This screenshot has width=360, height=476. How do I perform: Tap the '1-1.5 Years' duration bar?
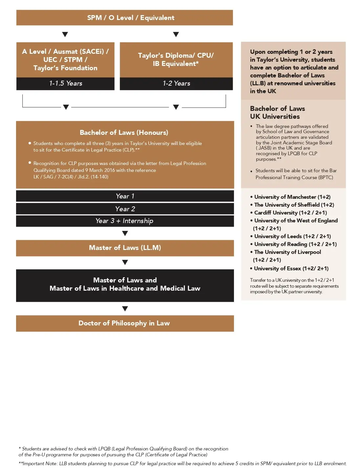click(x=65, y=83)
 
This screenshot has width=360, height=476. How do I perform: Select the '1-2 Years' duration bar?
click(x=176, y=83)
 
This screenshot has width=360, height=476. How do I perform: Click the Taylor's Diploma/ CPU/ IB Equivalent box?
click(x=176, y=60)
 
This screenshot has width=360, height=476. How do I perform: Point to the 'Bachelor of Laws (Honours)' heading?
click(x=124, y=133)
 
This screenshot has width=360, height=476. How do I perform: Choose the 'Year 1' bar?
click(x=125, y=196)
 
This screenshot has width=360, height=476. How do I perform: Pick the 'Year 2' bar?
click(x=125, y=209)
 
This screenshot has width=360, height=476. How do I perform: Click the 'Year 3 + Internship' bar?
click(x=125, y=221)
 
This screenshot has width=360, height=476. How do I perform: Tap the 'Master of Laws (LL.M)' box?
click(x=125, y=248)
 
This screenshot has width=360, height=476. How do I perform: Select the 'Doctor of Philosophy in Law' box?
click(x=125, y=323)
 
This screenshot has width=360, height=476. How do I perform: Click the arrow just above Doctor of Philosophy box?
click(x=125, y=309)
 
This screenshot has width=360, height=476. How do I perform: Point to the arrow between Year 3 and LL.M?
click(x=125, y=234)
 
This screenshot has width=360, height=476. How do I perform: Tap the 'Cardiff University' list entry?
click(x=290, y=213)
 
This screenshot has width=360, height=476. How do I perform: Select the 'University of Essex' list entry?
click(x=291, y=268)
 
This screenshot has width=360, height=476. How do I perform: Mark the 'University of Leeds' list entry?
click(x=292, y=236)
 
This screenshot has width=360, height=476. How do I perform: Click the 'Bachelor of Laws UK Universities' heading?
click(x=277, y=113)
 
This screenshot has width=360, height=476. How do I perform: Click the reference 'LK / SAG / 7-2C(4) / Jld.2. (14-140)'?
click(x=71, y=177)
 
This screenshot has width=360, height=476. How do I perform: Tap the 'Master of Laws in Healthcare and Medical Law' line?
click(x=125, y=288)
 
